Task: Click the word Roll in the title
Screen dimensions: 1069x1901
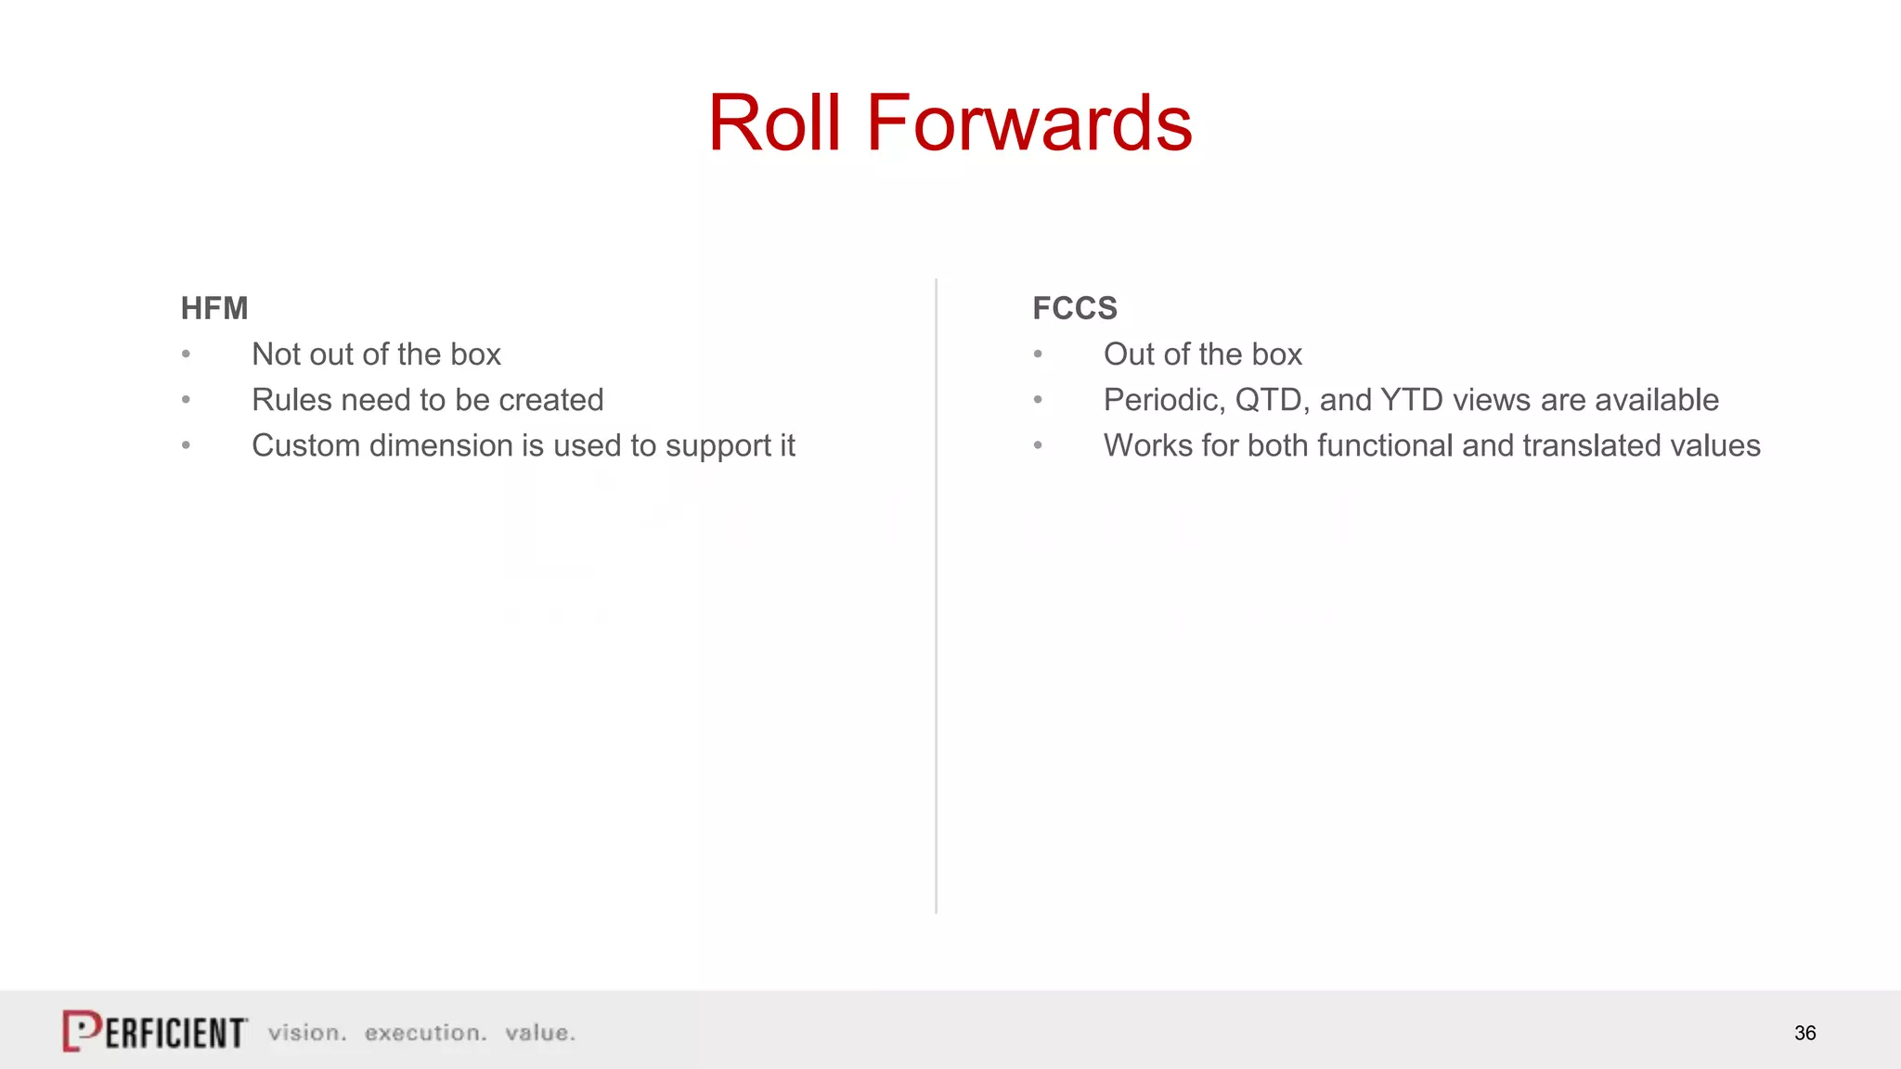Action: [774, 123]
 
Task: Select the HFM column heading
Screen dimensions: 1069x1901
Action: [214, 308]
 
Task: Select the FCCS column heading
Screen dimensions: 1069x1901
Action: [1075, 308]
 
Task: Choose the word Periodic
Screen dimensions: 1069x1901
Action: [1164, 400]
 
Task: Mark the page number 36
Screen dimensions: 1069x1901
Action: [1804, 1033]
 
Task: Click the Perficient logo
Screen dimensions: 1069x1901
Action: [155, 1031]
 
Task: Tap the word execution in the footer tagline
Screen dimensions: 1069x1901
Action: [425, 1033]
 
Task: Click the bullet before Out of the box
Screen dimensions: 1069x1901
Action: [1038, 354]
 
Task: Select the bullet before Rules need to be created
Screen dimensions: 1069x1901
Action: [187, 400]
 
